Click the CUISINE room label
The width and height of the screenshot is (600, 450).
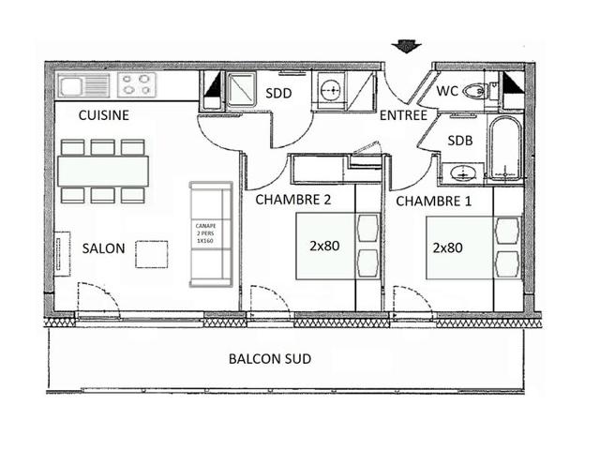point(104,115)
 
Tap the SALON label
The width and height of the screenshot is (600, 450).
point(104,248)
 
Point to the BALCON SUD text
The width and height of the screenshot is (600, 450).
point(270,359)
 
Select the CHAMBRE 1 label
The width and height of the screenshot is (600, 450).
point(433,202)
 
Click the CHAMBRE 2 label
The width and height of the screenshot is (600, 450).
point(293,200)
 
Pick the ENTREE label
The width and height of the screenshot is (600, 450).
point(403,115)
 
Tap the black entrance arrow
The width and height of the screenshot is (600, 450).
point(406,46)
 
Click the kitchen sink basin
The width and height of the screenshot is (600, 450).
point(71,86)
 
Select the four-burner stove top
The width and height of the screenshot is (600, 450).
point(137,85)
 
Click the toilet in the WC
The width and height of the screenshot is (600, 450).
point(474,92)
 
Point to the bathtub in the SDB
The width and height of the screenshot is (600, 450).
point(505,148)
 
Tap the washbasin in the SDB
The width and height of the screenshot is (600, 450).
point(463,174)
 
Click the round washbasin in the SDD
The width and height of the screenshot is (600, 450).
point(330,90)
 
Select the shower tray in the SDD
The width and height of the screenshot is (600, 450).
point(241,89)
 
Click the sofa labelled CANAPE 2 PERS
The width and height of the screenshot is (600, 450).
point(211,234)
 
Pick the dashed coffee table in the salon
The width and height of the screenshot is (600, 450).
point(152,254)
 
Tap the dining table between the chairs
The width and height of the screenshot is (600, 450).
point(103,171)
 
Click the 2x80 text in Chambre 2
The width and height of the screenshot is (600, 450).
point(324,246)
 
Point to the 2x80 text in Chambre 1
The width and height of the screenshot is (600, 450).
point(448,247)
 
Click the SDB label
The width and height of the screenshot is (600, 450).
point(460,141)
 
